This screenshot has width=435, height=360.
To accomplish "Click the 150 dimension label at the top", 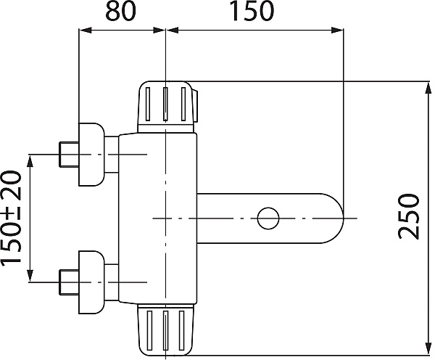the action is pos(252,11).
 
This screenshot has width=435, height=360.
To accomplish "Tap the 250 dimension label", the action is pos(408,217).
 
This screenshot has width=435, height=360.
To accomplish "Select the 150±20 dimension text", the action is pos(11,218).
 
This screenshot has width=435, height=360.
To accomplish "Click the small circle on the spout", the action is pos(268,218).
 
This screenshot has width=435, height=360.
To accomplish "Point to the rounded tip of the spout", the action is pos(343,218).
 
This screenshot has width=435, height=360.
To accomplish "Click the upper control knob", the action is pos(167,107).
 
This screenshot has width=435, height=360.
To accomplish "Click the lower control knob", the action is pos(165,330).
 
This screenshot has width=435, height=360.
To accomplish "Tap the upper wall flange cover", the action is pos(91,155).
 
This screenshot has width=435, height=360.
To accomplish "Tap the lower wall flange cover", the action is pos(91,282).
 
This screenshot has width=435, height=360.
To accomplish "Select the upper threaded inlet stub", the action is pos(69,155).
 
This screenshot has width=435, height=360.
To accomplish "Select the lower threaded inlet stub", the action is pos(69,282).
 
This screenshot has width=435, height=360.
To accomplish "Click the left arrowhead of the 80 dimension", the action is pos(85,30).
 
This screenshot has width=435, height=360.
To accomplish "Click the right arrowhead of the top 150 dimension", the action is pos(337,30).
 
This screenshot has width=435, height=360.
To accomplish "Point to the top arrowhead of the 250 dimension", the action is pos(428,88).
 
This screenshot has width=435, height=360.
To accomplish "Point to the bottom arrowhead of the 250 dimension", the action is pos(428,348).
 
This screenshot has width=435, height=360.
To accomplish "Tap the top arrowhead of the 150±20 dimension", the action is pos(30,160).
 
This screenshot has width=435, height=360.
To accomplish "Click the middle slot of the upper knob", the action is pos(165,105).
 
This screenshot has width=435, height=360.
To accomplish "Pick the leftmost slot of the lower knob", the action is pos(150,330).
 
